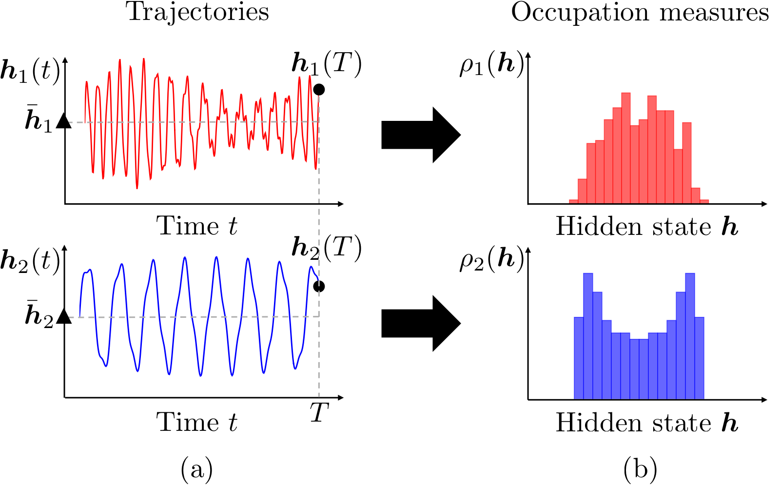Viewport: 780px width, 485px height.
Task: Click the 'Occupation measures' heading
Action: [640, 13]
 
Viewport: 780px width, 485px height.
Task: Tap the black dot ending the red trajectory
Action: [319, 90]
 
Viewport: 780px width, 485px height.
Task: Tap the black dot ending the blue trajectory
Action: [319, 286]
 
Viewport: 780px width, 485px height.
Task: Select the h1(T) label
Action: [327, 64]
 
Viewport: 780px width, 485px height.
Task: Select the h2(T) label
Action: [327, 248]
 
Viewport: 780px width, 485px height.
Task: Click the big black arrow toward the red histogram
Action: [421, 135]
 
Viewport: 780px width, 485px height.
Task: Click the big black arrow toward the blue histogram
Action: [421, 323]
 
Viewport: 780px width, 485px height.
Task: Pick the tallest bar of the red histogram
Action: [626, 148]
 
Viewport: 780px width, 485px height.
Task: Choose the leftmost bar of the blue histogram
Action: [579, 358]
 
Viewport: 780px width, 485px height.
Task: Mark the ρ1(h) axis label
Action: [492, 65]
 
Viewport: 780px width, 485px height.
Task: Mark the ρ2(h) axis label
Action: [492, 260]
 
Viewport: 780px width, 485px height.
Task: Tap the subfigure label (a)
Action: [197, 469]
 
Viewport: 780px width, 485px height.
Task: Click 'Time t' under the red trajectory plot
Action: [197, 226]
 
